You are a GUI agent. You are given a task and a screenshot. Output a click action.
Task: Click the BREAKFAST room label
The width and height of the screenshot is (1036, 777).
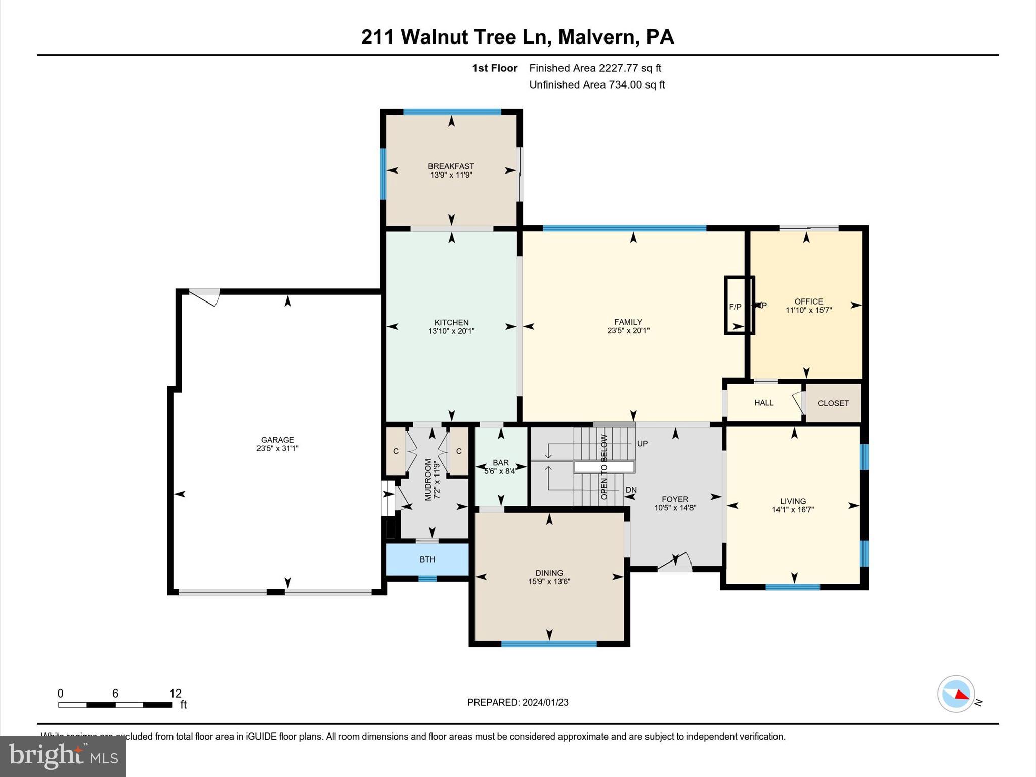click(x=451, y=166)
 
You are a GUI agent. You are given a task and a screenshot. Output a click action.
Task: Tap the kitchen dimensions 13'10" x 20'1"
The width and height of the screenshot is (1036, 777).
click(x=451, y=331)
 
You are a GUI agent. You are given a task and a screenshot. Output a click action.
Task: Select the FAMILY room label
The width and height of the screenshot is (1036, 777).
click(x=628, y=322)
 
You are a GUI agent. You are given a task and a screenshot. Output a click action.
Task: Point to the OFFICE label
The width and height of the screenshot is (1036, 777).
click(x=808, y=301)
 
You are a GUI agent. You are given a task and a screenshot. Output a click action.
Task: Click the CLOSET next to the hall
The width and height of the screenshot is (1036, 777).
click(x=833, y=403)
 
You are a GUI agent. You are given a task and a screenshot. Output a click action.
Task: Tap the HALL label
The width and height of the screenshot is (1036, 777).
click(x=763, y=403)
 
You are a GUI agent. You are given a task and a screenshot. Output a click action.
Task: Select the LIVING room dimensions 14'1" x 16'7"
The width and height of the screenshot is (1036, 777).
click(x=793, y=510)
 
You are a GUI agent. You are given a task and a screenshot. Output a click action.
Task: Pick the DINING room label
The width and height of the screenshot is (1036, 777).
click(x=549, y=573)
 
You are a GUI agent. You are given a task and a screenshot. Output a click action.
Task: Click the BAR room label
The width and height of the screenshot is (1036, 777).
click(x=501, y=462)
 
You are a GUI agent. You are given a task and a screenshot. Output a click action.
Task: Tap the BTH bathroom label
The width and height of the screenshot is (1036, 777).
click(x=427, y=559)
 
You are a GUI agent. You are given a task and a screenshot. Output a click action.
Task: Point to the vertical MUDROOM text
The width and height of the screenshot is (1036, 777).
click(x=428, y=479)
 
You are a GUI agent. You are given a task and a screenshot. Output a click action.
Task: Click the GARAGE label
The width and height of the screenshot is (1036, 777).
click(x=277, y=440)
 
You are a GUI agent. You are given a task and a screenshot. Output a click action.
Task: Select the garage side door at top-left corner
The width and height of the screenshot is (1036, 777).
click(x=205, y=296)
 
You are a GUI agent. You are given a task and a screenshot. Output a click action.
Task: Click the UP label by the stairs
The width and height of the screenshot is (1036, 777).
click(x=642, y=444)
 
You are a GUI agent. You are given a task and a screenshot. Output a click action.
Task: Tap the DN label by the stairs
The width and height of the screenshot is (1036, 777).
click(x=631, y=490)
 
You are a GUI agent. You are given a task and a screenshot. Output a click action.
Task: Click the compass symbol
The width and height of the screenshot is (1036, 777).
click(x=956, y=694)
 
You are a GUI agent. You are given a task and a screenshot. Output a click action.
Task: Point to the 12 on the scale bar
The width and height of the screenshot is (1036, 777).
click(x=175, y=694)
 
